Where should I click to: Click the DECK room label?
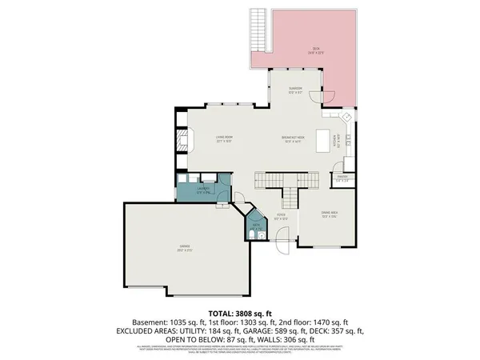click(316, 49)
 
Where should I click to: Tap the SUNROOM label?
click(295, 90)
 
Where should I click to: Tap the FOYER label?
click(281, 214)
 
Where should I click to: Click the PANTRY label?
click(342, 177)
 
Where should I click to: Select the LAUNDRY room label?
click(202, 189)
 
